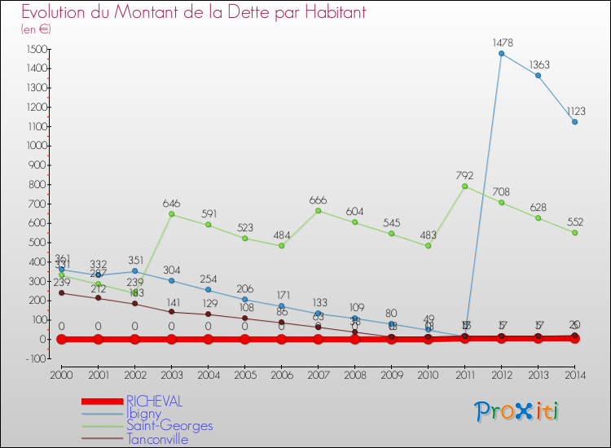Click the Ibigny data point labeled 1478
(501, 54)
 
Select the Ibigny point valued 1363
(538, 76)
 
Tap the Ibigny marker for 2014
(574, 122)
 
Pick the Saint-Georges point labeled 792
(464, 186)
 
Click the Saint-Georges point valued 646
(171, 214)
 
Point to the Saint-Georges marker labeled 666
(318, 210)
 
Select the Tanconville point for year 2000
(61, 293)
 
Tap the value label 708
(501, 191)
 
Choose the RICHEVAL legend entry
(155, 402)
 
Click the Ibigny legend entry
(143, 414)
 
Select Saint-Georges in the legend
(169, 426)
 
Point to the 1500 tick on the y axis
(34, 50)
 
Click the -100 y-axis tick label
(33, 358)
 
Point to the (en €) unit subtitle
(36, 29)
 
